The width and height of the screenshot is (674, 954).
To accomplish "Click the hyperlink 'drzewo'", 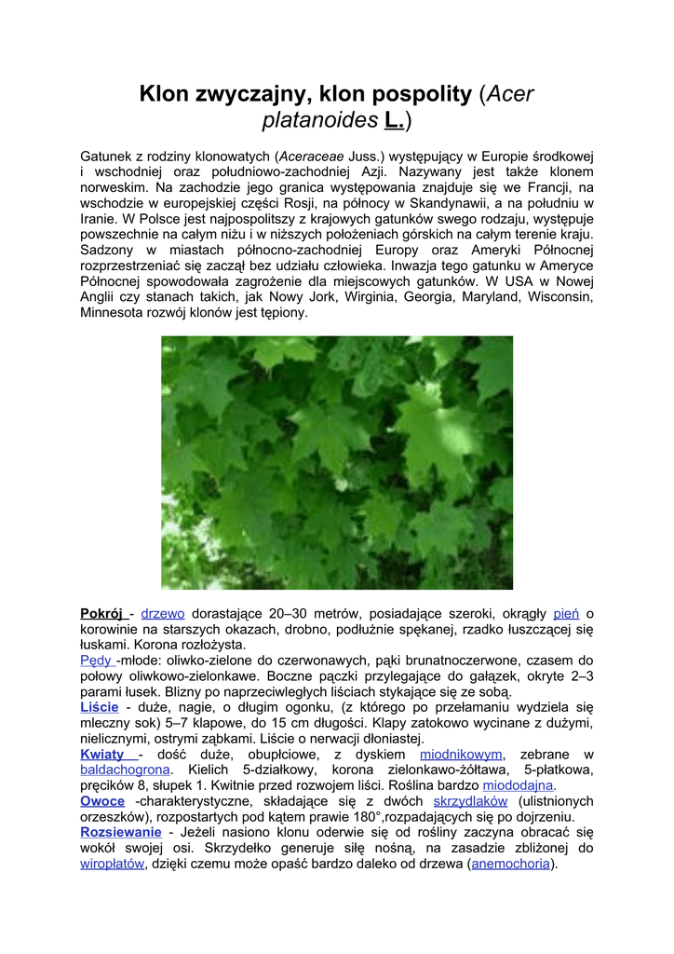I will coord(163,613).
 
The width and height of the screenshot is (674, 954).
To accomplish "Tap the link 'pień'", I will coord(566,613).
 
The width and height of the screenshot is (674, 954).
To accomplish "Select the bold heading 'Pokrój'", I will coord(101,613).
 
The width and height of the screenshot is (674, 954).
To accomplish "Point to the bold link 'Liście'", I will coord(99,708).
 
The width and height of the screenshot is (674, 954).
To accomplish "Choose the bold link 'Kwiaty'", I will coord(102,755).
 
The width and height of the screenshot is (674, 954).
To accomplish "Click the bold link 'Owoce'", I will coord(102,801).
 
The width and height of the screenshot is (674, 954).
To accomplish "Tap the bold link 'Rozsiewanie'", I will coord(121,832).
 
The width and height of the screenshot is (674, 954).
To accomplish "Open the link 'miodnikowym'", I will coord(461,755).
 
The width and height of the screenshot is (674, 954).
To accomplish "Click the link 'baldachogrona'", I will coord(125,770).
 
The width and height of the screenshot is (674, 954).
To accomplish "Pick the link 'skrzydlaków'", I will coord(470,801).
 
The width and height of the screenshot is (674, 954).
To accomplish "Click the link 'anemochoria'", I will coord(511,864).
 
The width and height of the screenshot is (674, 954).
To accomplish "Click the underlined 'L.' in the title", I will coord(394,121).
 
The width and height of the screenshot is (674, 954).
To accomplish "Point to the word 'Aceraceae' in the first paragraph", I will coord(312,156).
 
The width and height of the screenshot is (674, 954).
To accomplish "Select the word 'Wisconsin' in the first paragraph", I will coord(560,297).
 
